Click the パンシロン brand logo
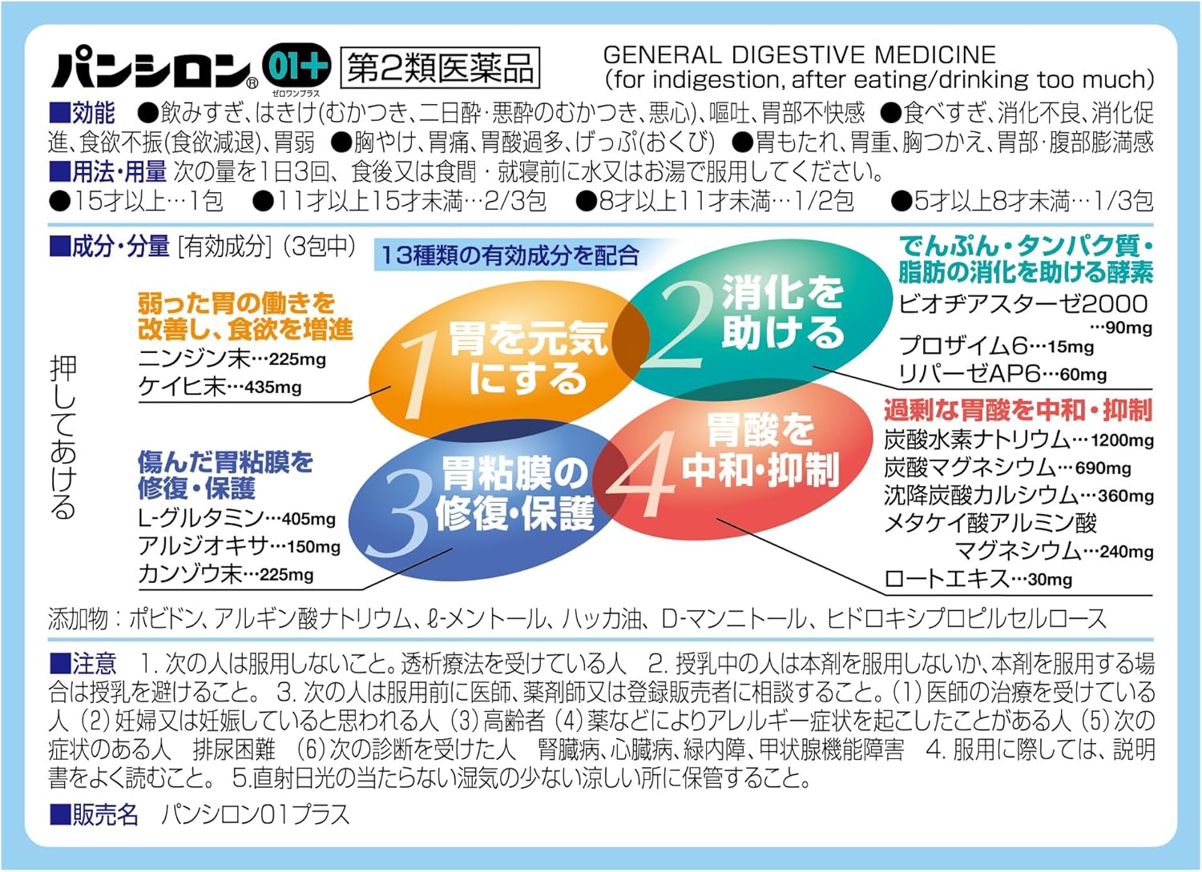pyautogui.click(x=155, y=66)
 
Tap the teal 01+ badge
pyautogui.click(x=296, y=65)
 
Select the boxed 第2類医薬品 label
pyautogui.click(x=440, y=68)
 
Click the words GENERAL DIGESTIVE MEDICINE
pyautogui.click(x=800, y=54)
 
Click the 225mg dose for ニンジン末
pyautogui.click(x=297, y=360)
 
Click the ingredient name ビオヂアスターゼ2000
pyautogui.click(x=1023, y=304)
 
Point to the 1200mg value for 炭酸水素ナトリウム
pyautogui.click(x=1123, y=441)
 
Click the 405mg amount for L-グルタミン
pyautogui.click(x=308, y=519)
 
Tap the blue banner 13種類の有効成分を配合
pyautogui.click(x=510, y=255)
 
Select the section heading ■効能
pyautogui.click(x=82, y=113)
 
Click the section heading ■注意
pyautogui.click(x=83, y=663)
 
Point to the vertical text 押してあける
pyautogui.click(x=63, y=436)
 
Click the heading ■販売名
pyautogui.click(x=94, y=814)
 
